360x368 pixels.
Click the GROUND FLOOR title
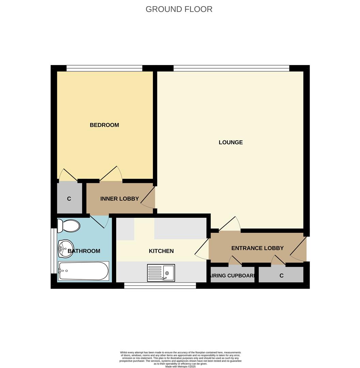pos(179,9)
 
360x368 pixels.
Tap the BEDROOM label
pos(104,125)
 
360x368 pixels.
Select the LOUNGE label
pos(231,142)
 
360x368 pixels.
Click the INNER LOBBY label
pos(119,199)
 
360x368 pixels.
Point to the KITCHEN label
pos(161,251)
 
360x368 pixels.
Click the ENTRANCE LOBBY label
pos(257,248)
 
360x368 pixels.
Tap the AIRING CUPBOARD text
pos(233,276)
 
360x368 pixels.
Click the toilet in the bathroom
pos(68,226)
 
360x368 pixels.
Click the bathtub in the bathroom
pos(83,271)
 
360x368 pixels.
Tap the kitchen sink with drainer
pos(161,273)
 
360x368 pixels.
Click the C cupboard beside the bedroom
pos(69,199)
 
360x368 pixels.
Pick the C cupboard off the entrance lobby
pos(281,276)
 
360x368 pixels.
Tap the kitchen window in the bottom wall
pos(160,286)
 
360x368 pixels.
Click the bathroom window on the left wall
pos(53,250)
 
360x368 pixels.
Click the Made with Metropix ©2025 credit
pos(180,366)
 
